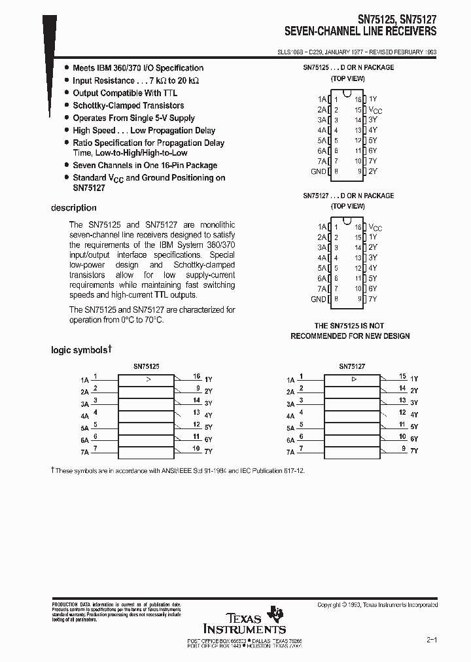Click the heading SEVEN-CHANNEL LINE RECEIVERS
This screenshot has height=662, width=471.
coord(360,31)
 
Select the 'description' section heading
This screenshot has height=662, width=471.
coord(73,209)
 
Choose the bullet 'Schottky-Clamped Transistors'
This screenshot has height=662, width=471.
coord(128,105)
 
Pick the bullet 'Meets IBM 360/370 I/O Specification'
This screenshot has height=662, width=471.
coord(138,68)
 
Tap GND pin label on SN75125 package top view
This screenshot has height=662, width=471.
coord(318,171)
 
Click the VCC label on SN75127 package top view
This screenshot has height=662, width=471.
coord(375,227)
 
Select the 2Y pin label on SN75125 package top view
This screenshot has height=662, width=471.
coord(373,171)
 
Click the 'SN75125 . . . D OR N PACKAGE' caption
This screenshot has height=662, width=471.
coord(348,67)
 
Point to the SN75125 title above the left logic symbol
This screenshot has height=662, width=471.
coord(147,368)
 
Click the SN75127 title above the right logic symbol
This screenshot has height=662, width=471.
coord(352,368)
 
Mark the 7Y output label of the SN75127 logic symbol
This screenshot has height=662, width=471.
coord(413,451)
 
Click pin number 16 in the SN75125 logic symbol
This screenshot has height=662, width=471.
coord(196,377)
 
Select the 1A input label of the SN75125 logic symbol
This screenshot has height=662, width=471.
coord(84,379)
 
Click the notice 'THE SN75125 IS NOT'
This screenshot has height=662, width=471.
coord(349,326)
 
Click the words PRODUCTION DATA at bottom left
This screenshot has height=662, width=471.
coord(71,604)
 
